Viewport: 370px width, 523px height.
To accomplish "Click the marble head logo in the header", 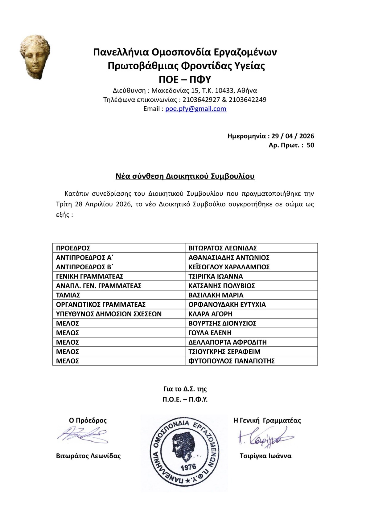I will tap(35, 58).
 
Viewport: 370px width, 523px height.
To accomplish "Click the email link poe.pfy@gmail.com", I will tap(196, 109).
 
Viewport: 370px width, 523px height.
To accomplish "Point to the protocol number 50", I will tap(310, 145).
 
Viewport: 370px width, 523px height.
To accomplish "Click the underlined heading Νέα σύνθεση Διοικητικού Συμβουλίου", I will tap(185, 177).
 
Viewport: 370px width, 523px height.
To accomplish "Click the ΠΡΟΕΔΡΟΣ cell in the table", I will tap(73, 248).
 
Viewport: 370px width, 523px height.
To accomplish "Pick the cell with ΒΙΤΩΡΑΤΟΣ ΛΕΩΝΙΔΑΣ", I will tap(223, 248).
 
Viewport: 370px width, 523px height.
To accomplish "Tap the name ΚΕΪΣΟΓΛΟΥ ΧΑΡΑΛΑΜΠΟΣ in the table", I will tap(229, 267).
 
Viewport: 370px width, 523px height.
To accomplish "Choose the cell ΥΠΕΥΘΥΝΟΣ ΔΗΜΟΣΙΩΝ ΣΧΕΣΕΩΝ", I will tap(109, 314).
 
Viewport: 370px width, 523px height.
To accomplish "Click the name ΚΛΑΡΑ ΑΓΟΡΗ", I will tap(210, 314).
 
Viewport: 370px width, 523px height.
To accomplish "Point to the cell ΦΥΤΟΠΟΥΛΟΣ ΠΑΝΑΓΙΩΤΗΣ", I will tap(231, 361).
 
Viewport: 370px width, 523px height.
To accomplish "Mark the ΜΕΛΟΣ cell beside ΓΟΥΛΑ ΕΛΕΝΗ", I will tap(68, 333).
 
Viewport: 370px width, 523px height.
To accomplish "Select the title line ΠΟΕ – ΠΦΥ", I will tap(185, 80).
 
